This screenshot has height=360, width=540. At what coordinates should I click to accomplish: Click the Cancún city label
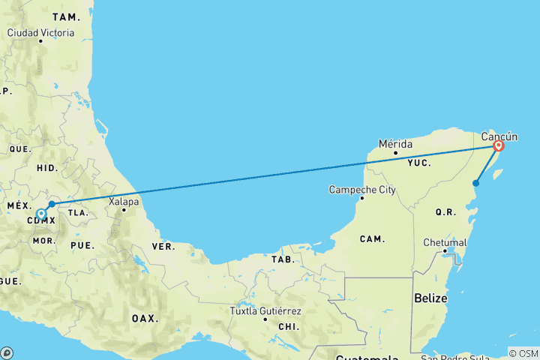(x=499, y=136)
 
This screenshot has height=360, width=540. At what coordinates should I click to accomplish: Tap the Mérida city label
(x=395, y=142)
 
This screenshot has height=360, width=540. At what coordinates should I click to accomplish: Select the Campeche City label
(x=362, y=190)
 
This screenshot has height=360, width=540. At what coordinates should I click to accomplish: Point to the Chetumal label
(x=445, y=243)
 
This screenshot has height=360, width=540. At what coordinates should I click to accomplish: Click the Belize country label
(x=430, y=298)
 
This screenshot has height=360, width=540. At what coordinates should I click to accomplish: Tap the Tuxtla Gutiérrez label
(x=265, y=310)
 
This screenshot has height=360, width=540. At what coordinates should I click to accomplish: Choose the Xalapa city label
(x=124, y=201)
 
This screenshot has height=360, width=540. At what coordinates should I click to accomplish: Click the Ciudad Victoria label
(x=40, y=33)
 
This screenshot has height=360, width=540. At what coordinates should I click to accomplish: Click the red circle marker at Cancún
(x=498, y=145)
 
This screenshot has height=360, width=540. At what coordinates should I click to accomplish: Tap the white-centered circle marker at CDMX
(x=41, y=214)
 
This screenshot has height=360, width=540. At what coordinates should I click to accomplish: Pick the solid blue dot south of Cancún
(x=475, y=183)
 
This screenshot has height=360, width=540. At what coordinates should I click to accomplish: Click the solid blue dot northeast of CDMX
(x=52, y=204)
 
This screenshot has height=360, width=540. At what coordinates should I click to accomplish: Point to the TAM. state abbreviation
(x=65, y=16)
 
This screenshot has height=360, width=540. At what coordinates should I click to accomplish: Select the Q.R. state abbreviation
(x=445, y=212)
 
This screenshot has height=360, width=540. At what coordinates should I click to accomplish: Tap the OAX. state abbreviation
(x=145, y=318)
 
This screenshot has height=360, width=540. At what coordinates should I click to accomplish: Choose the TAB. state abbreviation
(x=283, y=259)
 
